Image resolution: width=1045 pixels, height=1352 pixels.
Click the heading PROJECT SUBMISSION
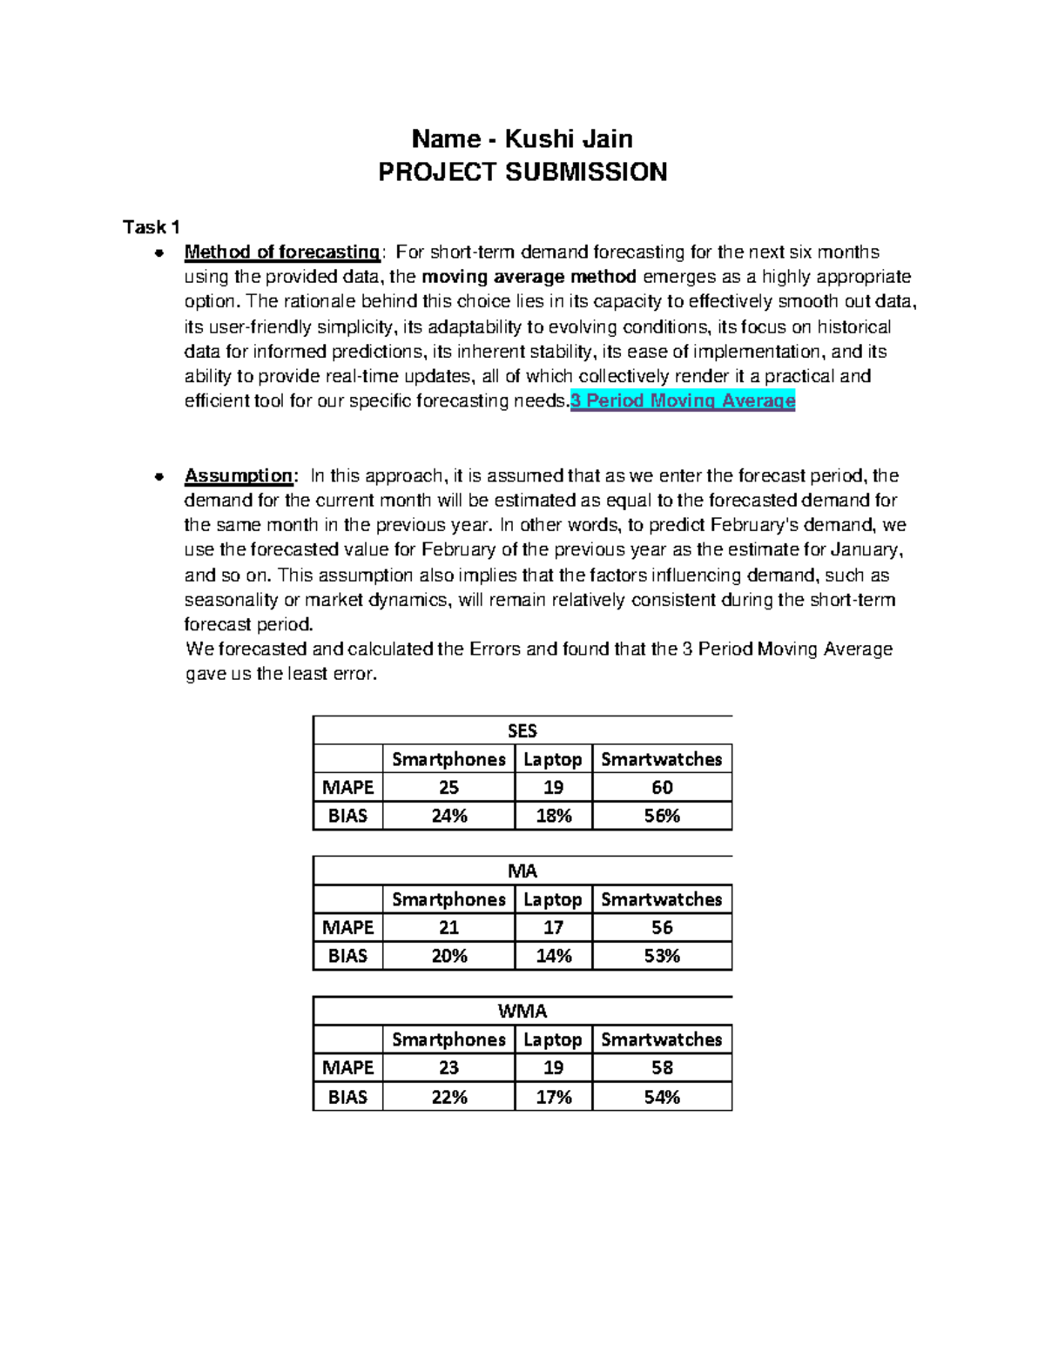pos(522,172)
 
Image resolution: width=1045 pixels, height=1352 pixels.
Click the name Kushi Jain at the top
pos(569,139)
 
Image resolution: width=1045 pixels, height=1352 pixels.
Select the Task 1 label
pos(152,227)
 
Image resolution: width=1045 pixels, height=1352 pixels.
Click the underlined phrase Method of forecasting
pos(281,252)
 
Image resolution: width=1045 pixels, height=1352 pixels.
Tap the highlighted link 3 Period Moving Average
pos(683,401)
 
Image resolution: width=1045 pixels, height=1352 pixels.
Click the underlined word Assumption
pos(238,476)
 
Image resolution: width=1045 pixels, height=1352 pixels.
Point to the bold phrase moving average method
pos(529,277)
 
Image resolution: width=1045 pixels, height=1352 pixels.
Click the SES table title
pos(522,731)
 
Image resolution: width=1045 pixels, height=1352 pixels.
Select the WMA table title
pos(522,1012)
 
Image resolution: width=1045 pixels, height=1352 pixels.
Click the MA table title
pos(522,871)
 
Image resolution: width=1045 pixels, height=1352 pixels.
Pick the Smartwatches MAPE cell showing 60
pos(662,788)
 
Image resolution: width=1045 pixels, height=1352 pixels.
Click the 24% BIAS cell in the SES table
pos(449,817)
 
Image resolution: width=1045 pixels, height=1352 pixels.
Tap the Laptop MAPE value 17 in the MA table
pos(553,928)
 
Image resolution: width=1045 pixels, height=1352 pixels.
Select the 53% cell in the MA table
pos(662,957)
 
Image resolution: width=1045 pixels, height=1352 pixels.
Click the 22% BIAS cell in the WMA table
pos(449,1098)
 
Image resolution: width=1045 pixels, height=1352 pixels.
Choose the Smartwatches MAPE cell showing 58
pos(662,1068)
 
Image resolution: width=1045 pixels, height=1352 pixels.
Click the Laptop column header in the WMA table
pos(552,1040)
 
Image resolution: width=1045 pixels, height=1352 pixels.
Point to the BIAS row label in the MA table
pos(347,957)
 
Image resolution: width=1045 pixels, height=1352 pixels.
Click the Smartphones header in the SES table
pos(448,760)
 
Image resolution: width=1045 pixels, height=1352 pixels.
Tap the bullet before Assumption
pos(158,477)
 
